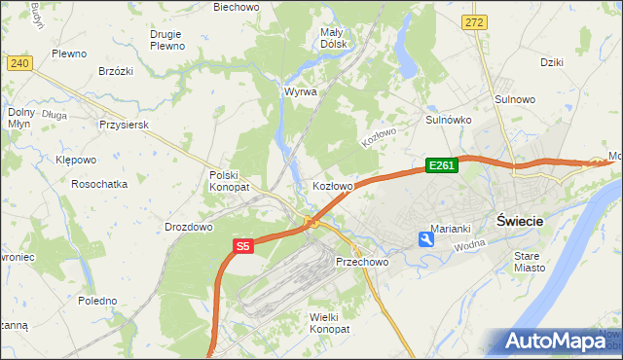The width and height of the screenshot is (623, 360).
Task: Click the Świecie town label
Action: point(519,220)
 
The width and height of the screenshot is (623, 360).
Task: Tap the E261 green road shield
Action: point(441,166)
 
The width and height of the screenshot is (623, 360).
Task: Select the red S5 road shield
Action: point(243,247)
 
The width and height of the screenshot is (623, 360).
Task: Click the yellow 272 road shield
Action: point(474,20)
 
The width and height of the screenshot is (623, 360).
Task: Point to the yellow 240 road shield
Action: point(18,62)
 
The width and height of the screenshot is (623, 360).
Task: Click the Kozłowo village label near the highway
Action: point(332,185)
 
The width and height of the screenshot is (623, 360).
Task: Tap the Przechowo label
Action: point(362,263)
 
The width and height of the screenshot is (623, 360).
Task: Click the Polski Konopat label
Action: point(230,180)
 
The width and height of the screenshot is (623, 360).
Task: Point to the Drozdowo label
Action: point(189,227)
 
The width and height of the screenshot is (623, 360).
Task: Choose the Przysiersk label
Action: point(123,126)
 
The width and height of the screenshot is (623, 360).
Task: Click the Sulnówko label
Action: point(449,120)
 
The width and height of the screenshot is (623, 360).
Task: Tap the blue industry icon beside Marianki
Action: point(426,238)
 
